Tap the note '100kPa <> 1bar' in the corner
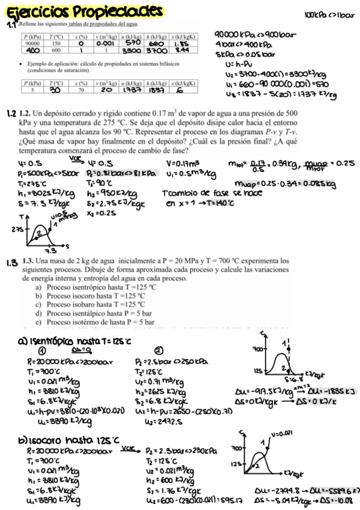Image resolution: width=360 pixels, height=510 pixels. coord(325,13)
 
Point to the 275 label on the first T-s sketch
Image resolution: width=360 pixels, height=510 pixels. coord(17,229)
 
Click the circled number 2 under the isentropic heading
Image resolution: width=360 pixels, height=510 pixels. coord(159,351)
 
